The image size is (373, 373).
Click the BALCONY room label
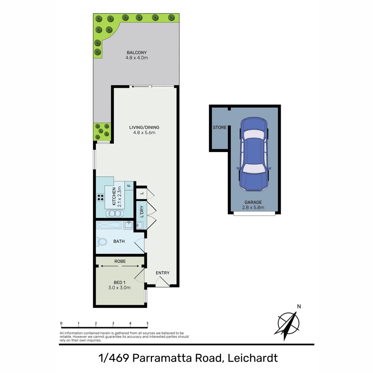click(137, 52)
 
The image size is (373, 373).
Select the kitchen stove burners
click(101, 198)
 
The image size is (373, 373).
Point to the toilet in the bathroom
click(101, 241)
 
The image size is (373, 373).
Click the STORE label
click(220, 127)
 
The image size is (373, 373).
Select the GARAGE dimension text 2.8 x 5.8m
click(253, 208)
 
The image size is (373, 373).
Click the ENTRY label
click(162, 273)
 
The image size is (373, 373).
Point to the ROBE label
click(120, 261)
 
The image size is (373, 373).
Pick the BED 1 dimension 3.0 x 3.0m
click(120, 288)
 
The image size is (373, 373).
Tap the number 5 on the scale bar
click(147, 324)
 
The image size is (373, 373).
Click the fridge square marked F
click(129, 185)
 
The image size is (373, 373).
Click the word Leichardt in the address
click(253, 358)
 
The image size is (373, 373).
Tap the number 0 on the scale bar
click(61, 324)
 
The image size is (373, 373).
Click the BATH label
click(119, 241)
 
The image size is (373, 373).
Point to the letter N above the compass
click(299, 306)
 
